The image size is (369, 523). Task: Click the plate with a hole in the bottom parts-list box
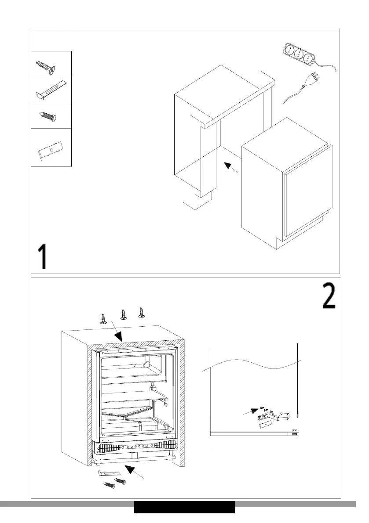pyautogui.click(x=50, y=150)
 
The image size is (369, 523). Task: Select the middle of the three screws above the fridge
pyautogui.click(x=124, y=315)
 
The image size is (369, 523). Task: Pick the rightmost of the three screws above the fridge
pyautogui.click(x=141, y=312)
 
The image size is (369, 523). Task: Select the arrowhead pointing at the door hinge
pyautogui.click(x=254, y=411)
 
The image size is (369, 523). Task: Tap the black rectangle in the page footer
pyautogui.click(x=184, y=507)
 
